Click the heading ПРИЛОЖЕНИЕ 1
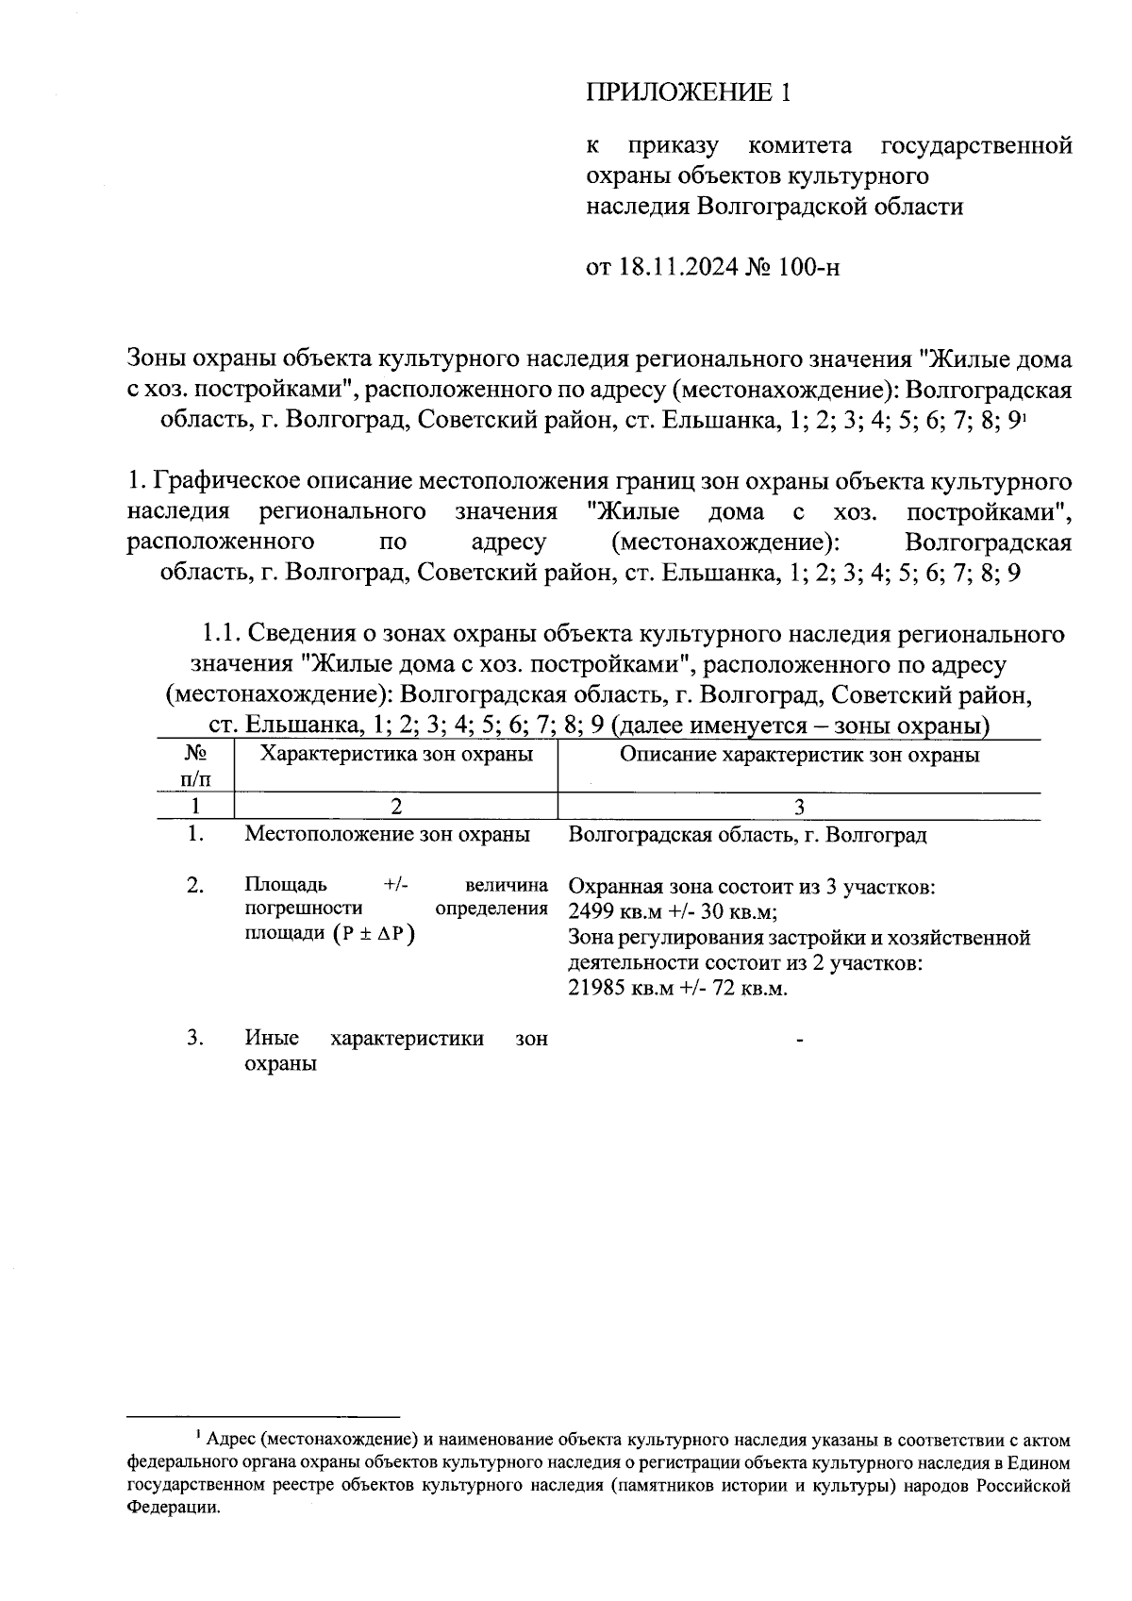(686, 92)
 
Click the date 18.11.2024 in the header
(677, 267)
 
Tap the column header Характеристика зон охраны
(395, 755)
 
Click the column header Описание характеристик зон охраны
(799, 755)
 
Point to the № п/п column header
(195, 766)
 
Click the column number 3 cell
(799, 808)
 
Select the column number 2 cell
(395, 808)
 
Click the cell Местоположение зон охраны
(387, 835)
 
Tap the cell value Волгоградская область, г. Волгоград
(748, 835)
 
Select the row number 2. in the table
(195, 886)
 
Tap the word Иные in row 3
(272, 1039)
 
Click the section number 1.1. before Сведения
(223, 634)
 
